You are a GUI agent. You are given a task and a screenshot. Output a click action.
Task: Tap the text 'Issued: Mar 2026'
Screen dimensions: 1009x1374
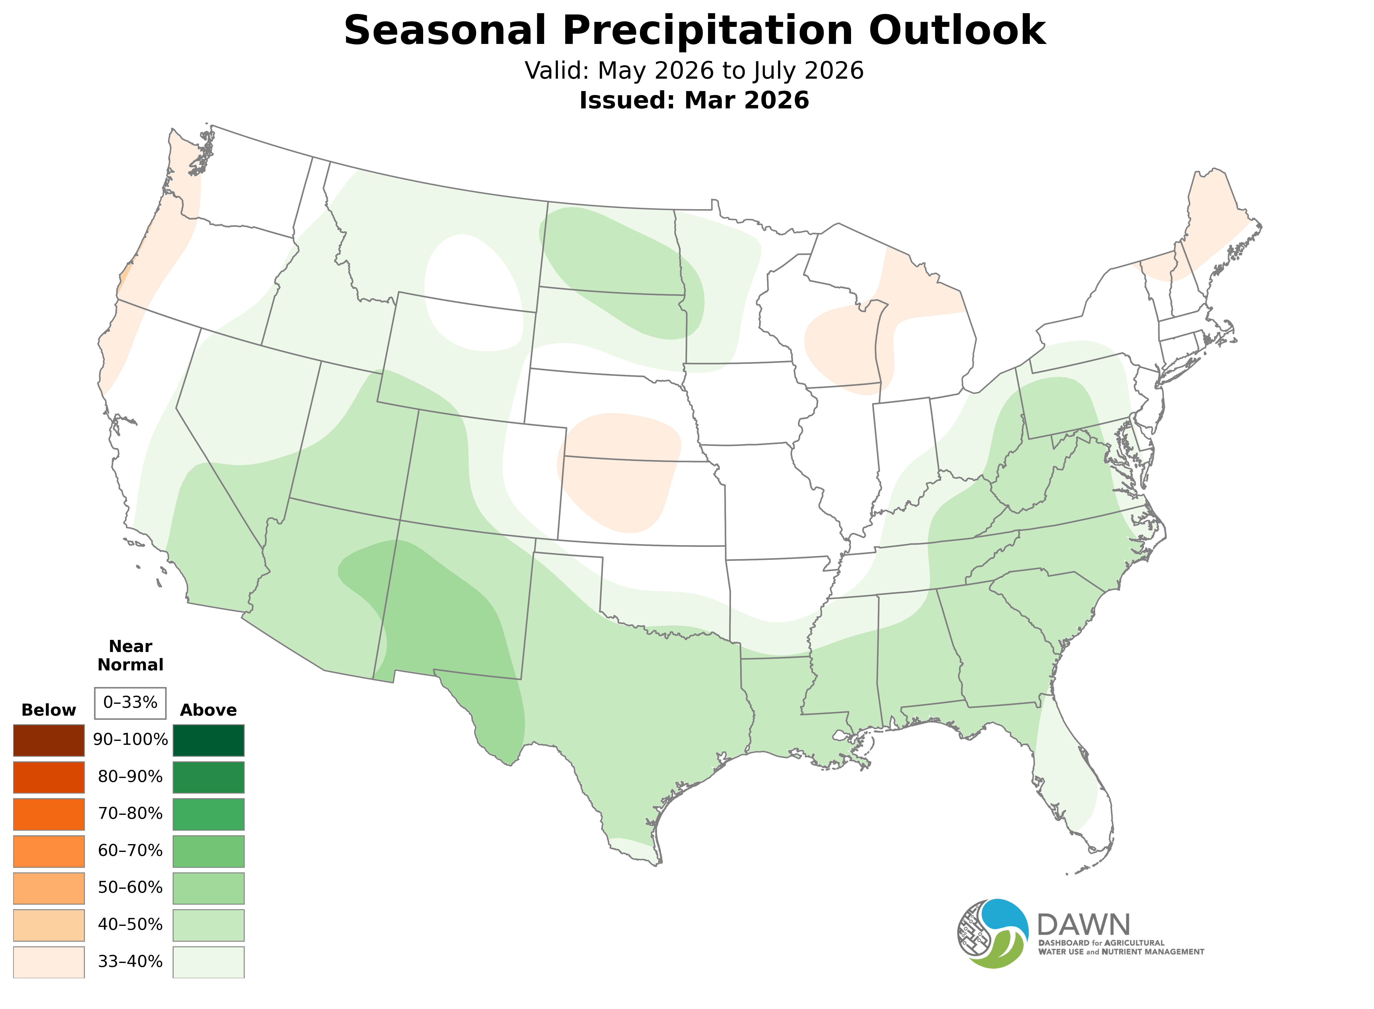694,100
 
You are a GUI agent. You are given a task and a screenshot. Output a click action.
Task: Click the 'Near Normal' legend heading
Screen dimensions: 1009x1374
130,655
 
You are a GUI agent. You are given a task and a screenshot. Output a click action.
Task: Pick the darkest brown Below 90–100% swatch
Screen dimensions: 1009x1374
49,740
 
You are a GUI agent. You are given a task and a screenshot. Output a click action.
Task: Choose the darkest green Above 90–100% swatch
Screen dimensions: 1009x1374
209,740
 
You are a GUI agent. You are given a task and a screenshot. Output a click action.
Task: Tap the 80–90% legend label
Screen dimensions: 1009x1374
130,777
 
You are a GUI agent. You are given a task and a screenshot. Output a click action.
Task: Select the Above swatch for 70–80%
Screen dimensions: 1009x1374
209,814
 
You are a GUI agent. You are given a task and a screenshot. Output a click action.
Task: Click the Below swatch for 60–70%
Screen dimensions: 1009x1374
49,851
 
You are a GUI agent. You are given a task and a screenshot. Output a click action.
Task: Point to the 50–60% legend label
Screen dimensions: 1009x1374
130,887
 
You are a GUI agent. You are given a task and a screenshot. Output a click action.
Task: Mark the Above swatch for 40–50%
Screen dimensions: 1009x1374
209,925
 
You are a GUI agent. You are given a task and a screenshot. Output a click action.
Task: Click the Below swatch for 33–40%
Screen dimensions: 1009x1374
49,961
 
